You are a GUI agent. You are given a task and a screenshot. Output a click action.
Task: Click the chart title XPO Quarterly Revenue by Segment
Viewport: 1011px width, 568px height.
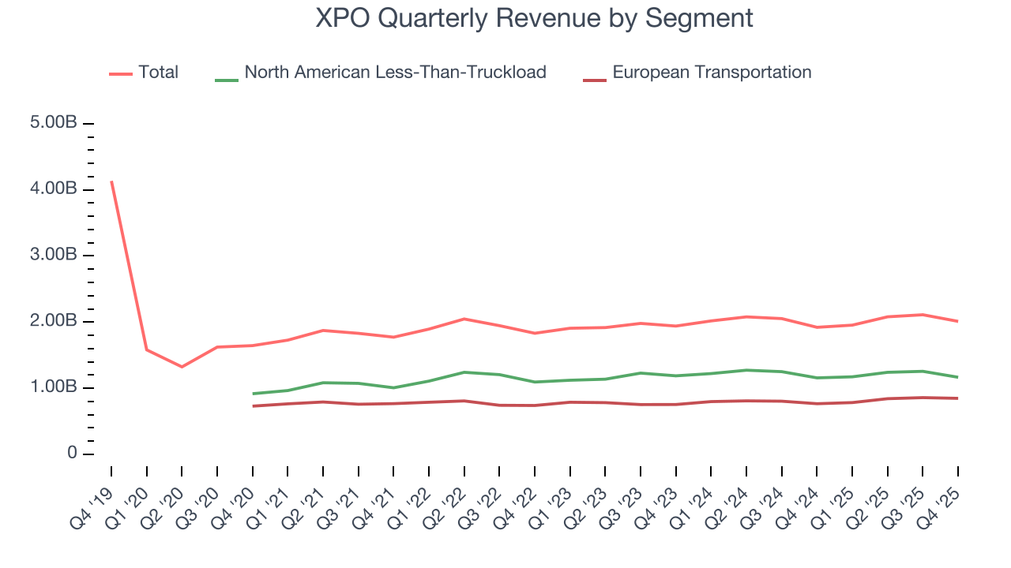pos(534,18)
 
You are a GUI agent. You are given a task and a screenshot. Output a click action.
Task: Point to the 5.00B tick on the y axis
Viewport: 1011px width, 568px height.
pos(54,124)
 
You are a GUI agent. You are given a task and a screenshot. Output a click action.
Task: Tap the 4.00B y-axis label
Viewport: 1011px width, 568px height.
pos(54,189)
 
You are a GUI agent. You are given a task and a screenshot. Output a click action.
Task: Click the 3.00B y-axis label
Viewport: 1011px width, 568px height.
pos(54,256)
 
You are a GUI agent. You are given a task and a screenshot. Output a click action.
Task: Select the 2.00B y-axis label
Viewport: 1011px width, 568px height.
pos(54,322)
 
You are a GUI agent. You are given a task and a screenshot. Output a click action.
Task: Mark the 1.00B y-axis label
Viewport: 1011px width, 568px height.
pos(54,388)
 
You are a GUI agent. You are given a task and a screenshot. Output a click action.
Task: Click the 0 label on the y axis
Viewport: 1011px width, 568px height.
pos(72,454)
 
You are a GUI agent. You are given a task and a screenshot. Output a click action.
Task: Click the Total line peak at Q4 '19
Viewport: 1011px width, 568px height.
pos(111,181)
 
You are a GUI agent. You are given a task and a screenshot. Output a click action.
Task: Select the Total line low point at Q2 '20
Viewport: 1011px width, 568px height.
pos(182,367)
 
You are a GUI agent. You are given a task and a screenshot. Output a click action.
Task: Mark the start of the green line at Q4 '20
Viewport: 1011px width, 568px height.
pos(253,394)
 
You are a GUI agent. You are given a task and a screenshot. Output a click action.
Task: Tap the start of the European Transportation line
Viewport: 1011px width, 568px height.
pos(253,406)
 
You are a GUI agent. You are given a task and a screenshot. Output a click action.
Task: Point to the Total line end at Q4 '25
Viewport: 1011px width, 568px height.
pos(957,321)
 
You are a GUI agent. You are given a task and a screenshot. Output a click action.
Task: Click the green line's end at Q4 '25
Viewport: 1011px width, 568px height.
pos(957,377)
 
